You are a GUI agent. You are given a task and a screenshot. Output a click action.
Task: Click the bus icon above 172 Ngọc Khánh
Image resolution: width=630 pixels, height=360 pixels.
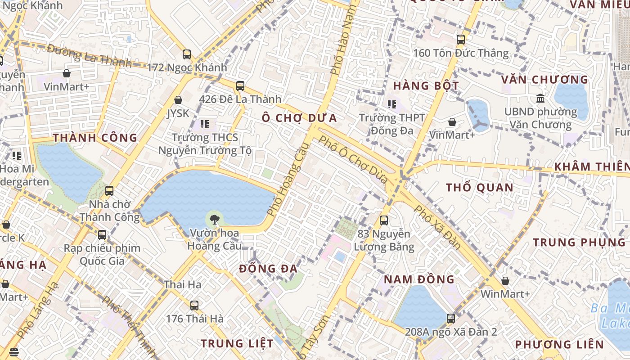point(187,54)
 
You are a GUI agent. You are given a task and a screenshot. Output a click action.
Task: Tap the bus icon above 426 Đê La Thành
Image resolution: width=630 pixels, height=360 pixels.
point(240,85)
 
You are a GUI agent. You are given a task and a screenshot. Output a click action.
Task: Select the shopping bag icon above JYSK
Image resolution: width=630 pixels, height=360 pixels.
point(178,100)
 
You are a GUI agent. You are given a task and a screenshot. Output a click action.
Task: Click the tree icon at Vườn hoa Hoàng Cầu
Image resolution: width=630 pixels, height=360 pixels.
point(215,219)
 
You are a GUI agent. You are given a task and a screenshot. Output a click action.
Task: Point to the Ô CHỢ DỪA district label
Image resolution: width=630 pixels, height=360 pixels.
point(299,118)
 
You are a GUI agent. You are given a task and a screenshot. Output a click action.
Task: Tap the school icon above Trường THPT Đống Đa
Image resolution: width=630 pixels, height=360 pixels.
point(392,104)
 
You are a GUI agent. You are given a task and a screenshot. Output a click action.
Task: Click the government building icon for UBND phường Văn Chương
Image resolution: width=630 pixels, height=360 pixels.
point(540,98)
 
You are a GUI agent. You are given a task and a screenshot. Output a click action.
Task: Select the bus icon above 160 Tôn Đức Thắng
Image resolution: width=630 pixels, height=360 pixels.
point(461,39)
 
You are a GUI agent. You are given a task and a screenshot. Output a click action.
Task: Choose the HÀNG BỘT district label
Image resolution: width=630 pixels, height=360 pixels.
point(426,86)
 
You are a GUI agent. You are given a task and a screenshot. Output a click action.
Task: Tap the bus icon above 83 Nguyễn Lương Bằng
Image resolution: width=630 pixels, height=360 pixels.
point(384,220)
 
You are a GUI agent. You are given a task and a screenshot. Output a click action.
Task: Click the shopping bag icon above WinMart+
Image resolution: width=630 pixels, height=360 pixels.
point(505,281)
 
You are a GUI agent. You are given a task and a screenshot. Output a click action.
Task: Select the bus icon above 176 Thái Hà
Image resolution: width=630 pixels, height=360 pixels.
point(194,305)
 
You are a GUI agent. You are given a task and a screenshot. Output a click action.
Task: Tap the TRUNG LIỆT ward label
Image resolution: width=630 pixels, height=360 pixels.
point(237,343)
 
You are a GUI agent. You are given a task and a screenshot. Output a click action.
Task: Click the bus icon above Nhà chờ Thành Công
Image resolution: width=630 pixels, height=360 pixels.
point(109,191)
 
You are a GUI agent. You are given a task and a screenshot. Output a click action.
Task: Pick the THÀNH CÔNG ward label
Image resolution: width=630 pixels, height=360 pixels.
point(95,138)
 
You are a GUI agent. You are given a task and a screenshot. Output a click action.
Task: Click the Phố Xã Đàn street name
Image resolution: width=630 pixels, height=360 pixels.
point(437,227)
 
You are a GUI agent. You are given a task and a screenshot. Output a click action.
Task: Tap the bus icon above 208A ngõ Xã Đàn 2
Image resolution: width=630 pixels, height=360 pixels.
point(451,319)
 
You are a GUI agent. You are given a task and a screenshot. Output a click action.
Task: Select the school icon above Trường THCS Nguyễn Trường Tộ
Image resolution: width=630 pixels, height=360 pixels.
point(205,124)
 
